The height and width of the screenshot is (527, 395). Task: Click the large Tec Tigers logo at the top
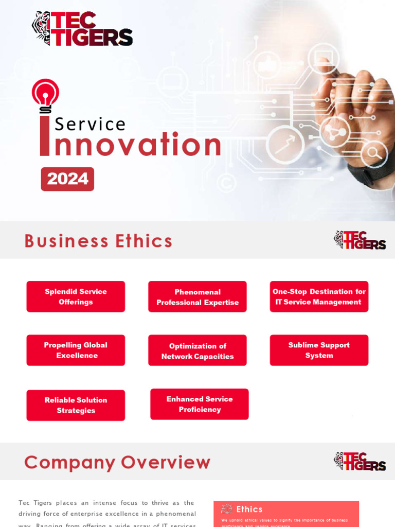(x=82, y=29)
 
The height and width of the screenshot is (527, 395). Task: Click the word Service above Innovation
(x=90, y=124)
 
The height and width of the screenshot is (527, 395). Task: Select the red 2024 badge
(x=67, y=179)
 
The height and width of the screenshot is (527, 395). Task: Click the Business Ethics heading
(x=98, y=241)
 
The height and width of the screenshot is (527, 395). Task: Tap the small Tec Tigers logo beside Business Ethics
(x=360, y=240)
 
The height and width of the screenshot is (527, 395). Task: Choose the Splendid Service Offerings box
(x=76, y=296)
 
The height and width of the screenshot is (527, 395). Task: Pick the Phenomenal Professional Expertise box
(x=197, y=297)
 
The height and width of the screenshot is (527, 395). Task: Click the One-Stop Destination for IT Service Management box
(x=319, y=296)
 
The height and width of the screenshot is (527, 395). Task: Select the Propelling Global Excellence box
(x=76, y=350)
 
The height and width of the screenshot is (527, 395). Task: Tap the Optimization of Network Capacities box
(x=197, y=350)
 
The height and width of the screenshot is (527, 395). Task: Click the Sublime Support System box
(x=319, y=350)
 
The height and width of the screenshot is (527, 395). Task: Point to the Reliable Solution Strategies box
(x=76, y=405)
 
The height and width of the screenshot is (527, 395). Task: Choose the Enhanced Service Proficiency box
(x=200, y=404)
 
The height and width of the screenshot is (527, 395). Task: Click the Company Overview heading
(x=117, y=462)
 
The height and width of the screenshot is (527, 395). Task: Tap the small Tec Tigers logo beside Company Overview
(x=360, y=461)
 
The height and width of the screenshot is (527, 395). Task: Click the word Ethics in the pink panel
(x=249, y=509)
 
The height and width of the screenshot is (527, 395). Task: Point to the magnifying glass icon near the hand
(x=374, y=153)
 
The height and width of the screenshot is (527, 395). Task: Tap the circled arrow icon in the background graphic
(x=285, y=145)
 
